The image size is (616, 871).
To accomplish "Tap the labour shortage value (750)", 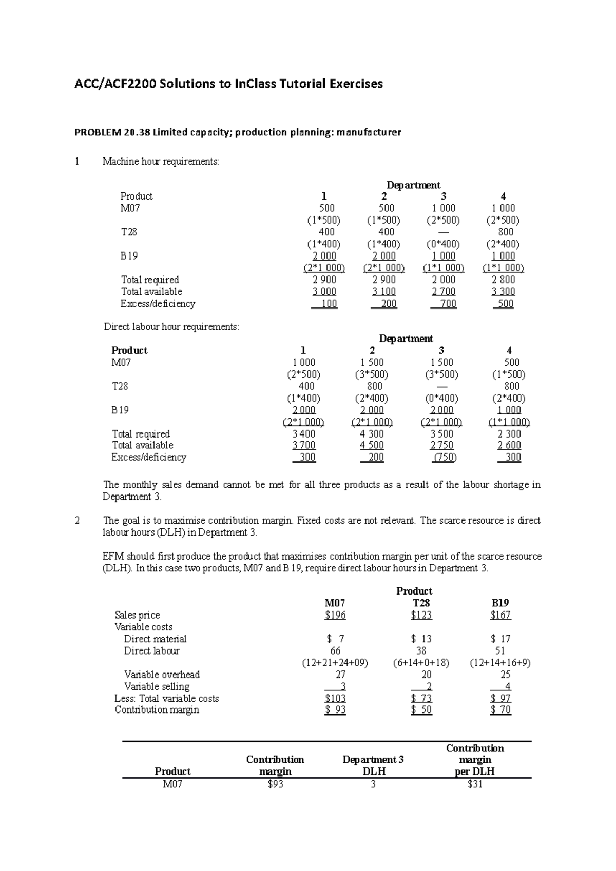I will point(442,457).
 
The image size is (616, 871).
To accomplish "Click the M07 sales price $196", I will point(335,615).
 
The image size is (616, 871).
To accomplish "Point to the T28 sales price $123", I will point(421,615).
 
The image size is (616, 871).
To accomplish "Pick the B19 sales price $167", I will point(500,615).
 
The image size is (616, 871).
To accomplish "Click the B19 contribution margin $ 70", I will point(500,710).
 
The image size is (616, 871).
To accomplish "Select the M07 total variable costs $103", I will point(335,698).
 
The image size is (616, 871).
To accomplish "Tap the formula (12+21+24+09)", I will point(335,663).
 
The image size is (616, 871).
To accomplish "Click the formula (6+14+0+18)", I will point(421,663).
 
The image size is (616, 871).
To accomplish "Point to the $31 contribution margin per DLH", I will point(475,784).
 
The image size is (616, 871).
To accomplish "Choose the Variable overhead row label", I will point(162,675).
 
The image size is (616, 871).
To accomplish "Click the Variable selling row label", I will point(157,686).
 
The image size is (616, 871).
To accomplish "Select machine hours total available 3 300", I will point(503,292).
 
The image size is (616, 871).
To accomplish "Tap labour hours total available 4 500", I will point(372,445).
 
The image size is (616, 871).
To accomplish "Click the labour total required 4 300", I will point(372,433).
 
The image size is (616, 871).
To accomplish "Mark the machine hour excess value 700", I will point(444,304).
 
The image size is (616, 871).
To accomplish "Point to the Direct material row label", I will point(155,639).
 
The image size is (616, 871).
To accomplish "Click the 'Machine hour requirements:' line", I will point(161,162).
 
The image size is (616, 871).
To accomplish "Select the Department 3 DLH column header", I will point(373,765).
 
